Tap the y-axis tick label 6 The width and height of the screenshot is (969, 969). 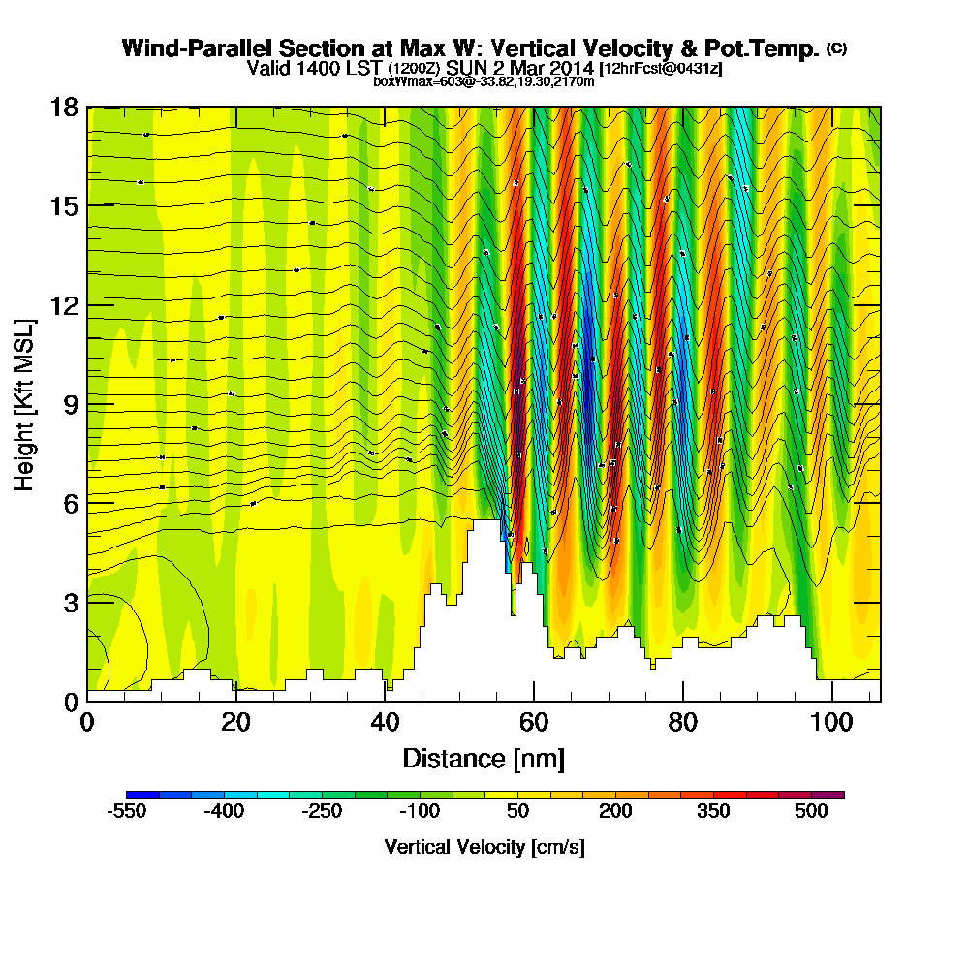click(70, 502)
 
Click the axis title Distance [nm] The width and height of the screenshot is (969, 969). click(484, 758)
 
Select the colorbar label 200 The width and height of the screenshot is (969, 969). click(615, 813)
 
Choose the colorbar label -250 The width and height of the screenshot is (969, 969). click(322, 813)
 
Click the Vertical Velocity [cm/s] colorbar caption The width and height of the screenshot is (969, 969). click(484, 847)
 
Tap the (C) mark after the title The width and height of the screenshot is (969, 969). click(836, 47)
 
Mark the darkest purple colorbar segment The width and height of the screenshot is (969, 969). click(835, 795)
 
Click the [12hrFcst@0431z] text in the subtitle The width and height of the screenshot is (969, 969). click(660, 69)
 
